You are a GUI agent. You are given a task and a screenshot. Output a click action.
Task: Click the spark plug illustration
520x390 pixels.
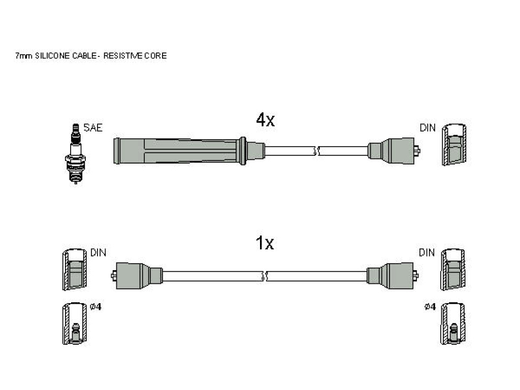75,153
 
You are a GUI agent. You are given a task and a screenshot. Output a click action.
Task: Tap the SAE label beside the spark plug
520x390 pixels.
93,127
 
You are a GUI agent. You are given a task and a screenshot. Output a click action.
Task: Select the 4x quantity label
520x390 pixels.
265,120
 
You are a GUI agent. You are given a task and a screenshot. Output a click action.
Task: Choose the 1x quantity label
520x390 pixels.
265,243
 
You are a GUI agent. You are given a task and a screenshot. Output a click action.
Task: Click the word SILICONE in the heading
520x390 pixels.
53,56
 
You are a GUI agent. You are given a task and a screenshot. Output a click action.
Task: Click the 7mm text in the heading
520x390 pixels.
24,56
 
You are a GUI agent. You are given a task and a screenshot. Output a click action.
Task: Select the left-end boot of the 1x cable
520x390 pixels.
137,276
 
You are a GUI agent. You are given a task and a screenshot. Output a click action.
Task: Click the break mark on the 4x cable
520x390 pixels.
316,151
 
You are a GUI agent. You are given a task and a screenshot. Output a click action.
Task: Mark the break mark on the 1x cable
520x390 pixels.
265,276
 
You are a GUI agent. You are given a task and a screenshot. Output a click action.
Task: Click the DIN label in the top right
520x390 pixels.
428,127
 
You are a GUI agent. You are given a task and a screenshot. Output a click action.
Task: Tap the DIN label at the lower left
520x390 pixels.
98,253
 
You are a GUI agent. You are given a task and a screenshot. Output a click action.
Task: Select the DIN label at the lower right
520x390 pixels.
427,253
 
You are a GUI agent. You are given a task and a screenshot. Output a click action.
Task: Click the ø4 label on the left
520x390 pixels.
95,307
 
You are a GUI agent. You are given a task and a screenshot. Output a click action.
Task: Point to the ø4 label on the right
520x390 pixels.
430,307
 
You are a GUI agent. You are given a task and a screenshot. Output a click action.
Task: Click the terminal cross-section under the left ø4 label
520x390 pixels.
75,323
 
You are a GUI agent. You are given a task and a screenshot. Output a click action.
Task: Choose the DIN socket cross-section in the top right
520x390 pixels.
454,145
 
